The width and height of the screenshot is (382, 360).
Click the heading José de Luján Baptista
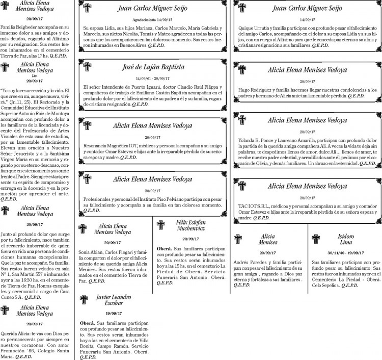(x=153, y=67)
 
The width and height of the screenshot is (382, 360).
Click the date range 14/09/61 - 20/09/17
(x=153, y=78)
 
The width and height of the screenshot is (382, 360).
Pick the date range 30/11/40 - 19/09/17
(x=346, y=252)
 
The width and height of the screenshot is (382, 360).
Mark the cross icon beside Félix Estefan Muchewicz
(x=161, y=226)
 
